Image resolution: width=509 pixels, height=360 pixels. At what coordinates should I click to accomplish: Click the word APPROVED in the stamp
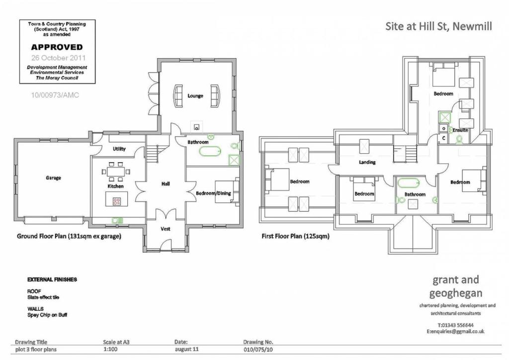[57, 48]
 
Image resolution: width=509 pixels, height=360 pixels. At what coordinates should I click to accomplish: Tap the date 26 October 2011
[57, 58]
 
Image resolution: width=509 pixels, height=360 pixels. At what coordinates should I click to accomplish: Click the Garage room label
[53, 178]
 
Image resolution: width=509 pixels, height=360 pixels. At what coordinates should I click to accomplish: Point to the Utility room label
[119, 149]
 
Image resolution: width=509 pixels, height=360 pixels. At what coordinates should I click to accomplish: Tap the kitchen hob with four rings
[117, 201]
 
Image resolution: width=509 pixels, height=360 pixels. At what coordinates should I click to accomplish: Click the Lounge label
[195, 95]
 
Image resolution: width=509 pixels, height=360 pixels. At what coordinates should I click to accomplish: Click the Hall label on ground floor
[166, 184]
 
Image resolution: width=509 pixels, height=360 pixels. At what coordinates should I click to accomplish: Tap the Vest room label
[166, 229]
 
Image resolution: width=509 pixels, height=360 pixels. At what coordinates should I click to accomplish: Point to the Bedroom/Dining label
[213, 193]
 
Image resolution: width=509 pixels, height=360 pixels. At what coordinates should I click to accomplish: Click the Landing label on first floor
[367, 162]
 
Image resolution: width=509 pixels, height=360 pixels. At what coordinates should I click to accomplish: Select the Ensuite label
[460, 130]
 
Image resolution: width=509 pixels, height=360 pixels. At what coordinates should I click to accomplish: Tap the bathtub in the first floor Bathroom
[409, 182]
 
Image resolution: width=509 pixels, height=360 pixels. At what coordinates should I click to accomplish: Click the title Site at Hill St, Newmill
[438, 26]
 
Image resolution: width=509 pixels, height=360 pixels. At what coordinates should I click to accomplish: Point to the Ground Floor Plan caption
[69, 236]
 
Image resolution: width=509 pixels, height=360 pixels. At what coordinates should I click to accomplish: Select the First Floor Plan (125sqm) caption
[295, 236]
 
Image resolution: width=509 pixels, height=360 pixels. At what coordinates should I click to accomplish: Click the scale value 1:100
[110, 350]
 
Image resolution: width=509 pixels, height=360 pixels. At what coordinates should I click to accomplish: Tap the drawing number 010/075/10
[258, 350]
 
